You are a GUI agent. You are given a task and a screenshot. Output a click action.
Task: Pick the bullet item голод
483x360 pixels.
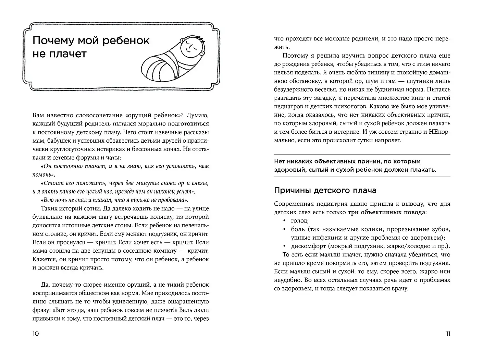click(300, 221)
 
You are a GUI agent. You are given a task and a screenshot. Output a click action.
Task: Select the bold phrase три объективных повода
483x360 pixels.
click(387, 212)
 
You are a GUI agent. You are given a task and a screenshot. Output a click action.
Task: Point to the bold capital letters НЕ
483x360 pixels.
click(433, 132)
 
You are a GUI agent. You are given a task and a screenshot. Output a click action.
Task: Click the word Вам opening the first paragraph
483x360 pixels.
click(38, 116)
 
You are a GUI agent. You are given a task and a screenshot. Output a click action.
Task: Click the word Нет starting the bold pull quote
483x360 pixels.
click(280, 161)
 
